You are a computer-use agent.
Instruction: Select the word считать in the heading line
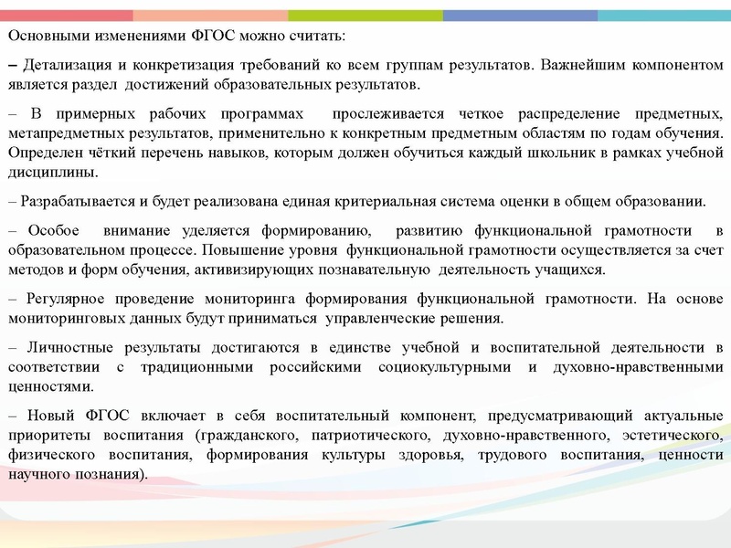click(316, 35)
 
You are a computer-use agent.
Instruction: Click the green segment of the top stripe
click(365, 16)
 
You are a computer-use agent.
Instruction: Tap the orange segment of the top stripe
click(210, 16)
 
